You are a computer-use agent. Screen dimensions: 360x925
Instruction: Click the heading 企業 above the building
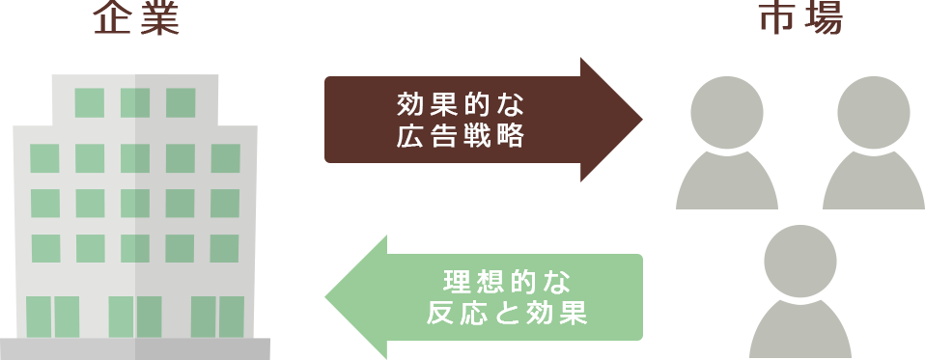click(x=136, y=19)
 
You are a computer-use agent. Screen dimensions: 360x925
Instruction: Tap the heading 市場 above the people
click(x=800, y=19)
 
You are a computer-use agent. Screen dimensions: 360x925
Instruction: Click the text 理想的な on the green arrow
click(x=507, y=283)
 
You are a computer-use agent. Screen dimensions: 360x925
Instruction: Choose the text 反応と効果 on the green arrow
click(x=507, y=315)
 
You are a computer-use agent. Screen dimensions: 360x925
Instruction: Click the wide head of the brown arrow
click(x=610, y=119)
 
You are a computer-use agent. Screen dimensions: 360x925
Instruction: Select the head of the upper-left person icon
click(x=727, y=113)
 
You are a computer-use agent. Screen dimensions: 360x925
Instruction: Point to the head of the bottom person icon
click(x=800, y=262)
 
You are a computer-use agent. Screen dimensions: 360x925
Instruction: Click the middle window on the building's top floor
click(x=135, y=102)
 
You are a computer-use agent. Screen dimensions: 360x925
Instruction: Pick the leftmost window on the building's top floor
click(x=89, y=102)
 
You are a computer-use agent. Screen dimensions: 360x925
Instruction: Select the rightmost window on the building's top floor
click(x=181, y=102)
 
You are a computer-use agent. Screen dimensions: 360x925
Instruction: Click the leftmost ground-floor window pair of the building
click(x=53, y=318)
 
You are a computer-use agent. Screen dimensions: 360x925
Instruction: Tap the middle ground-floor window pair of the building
click(x=135, y=318)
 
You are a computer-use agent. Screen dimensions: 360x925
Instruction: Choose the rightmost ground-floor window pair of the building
click(x=217, y=318)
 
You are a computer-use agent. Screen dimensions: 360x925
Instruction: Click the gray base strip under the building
click(x=135, y=349)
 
